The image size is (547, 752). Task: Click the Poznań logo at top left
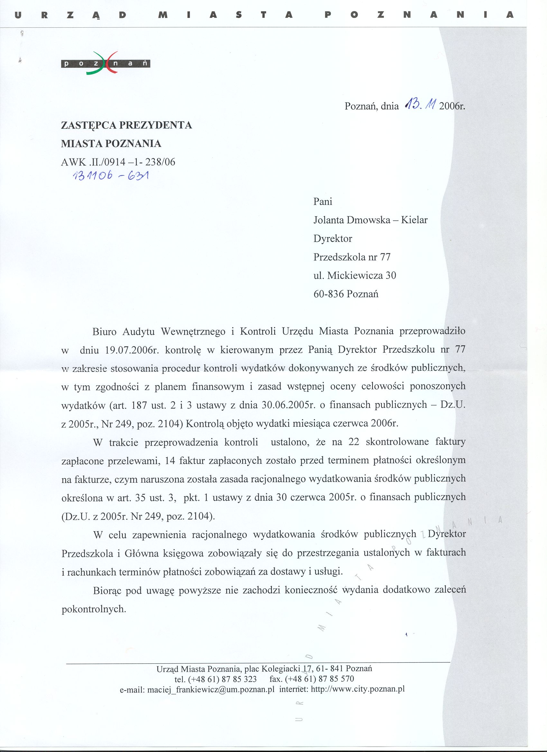click(106, 63)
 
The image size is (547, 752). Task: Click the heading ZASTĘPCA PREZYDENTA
click(127, 125)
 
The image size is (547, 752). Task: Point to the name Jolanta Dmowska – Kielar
click(370, 220)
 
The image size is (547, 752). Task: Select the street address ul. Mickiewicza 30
click(355, 275)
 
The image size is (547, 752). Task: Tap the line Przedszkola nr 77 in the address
click(352, 257)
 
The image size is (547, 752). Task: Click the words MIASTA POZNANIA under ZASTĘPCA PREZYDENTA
click(112, 144)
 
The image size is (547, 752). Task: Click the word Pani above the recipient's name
click(323, 201)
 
